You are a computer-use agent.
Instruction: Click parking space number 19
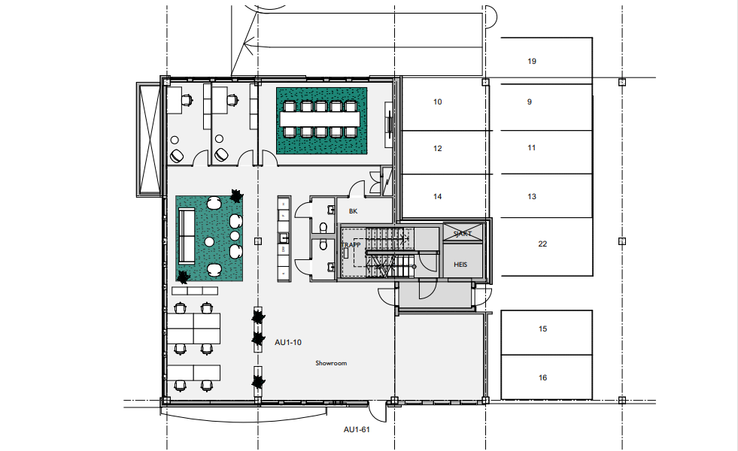click(532, 62)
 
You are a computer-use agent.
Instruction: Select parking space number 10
click(438, 101)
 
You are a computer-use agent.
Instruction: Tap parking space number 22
click(542, 244)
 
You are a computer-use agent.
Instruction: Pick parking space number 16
click(542, 378)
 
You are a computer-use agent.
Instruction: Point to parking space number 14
click(438, 197)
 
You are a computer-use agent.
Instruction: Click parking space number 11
click(532, 148)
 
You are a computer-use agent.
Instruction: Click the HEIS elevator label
click(461, 265)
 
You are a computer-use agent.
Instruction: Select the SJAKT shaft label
click(462, 234)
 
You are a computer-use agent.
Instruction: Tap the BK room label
click(353, 212)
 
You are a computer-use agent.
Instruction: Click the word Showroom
click(331, 363)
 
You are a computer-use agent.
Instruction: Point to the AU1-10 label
click(288, 342)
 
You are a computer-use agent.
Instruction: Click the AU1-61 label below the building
click(357, 430)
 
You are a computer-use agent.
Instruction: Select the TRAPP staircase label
click(351, 245)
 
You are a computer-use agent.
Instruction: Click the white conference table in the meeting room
click(320, 119)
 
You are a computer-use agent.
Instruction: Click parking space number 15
click(542, 329)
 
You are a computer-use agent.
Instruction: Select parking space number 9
click(530, 101)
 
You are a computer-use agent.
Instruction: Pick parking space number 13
click(532, 197)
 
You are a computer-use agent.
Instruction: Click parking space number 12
click(438, 149)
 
